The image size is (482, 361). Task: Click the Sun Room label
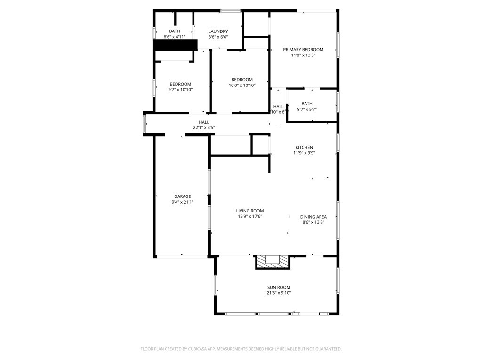[279, 287]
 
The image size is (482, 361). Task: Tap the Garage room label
[183, 196]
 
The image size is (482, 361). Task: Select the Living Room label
[250, 211]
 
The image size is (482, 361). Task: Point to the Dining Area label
[313, 217]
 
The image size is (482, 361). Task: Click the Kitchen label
[304, 147]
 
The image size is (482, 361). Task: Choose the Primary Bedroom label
[303, 49]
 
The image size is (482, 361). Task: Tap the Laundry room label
[218, 31]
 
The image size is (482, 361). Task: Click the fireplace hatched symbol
[273, 262]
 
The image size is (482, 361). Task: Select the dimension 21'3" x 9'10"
[279, 293]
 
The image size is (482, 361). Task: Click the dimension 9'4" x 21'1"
[183, 202]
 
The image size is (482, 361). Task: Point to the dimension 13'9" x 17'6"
[250, 216]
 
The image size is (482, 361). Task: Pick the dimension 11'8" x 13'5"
[303, 55]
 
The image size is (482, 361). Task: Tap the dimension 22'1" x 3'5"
[204, 127]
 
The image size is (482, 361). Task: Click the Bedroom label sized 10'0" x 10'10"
[242, 80]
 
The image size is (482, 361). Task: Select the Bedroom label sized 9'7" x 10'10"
[181, 84]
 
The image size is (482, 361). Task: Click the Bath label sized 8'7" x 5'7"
[307, 104]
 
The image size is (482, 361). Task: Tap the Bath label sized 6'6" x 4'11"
[175, 31]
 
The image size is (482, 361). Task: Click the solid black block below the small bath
[175, 45]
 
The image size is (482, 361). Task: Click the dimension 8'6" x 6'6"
[218, 37]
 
